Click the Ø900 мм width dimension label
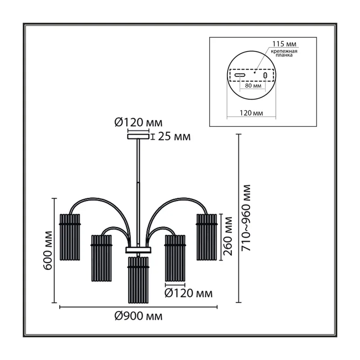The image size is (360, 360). click(x=139, y=317)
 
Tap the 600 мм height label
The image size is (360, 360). click(x=48, y=251)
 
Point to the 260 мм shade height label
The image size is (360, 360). click(x=228, y=236)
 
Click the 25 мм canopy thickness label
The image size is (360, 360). click(x=174, y=137)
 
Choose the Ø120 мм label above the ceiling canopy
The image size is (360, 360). click(x=139, y=123)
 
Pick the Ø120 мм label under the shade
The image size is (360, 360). click(x=189, y=293)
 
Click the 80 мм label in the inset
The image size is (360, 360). click(x=253, y=85)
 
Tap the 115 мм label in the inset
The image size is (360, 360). click(x=284, y=44)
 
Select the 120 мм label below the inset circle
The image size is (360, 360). click(x=252, y=113)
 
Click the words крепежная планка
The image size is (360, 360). click(x=284, y=53)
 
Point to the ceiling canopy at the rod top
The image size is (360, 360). click(x=138, y=137)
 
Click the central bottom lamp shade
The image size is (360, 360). click(x=139, y=280)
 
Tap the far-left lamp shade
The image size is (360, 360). click(x=70, y=237)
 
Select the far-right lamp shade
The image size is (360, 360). click(x=207, y=237)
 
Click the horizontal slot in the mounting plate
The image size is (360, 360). click(x=240, y=75)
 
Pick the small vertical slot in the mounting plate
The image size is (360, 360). click(x=265, y=75)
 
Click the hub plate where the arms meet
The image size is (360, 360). click(x=138, y=250)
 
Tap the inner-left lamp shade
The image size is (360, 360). click(x=102, y=258)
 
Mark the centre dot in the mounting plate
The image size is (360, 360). click(x=255, y=72)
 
